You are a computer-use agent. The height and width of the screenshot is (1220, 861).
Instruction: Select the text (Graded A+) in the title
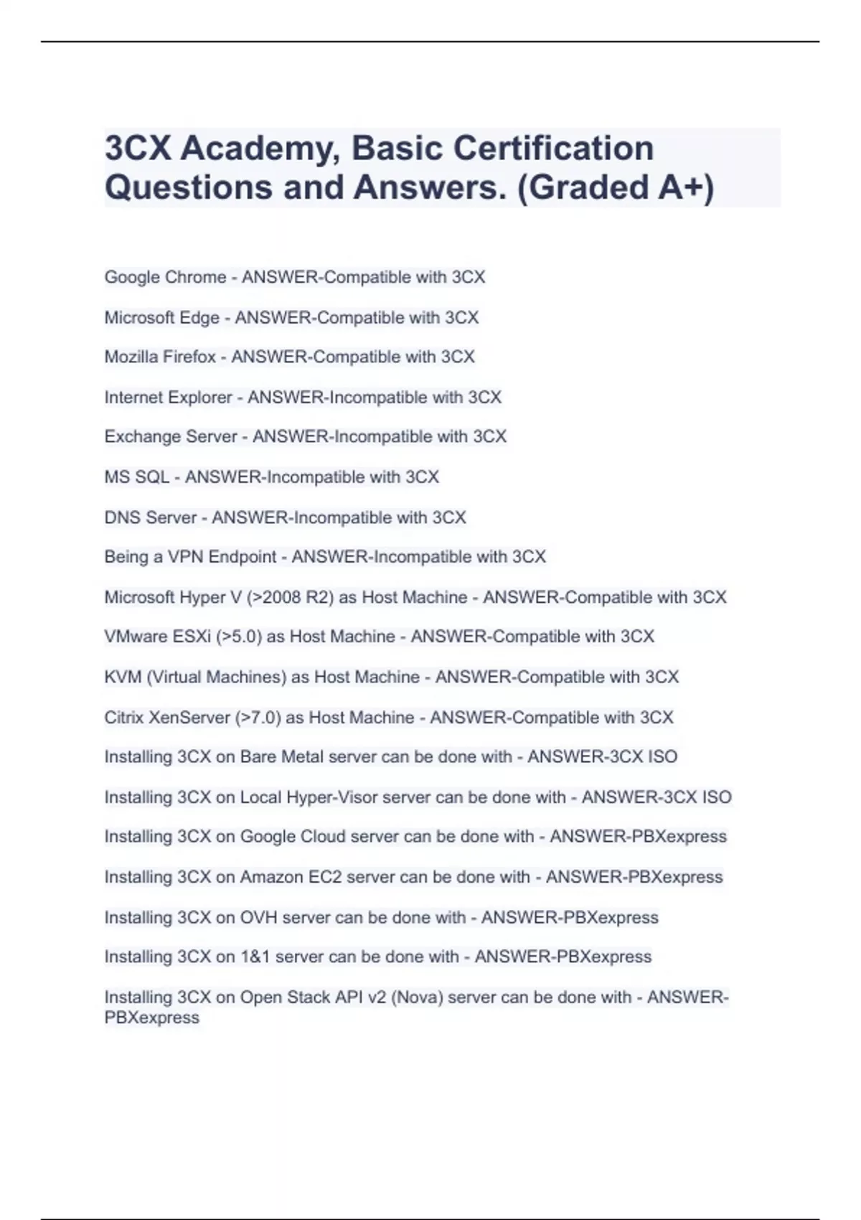(615, 188)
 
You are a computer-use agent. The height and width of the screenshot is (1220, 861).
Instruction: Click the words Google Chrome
(165, 278)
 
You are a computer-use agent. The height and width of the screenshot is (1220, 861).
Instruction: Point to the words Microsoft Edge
(161, 318)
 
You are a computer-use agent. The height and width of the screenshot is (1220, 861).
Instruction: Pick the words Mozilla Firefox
(160, 357)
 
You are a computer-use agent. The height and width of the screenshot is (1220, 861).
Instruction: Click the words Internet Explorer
(168, 398)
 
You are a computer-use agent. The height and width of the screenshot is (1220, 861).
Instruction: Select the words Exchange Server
(171, 437)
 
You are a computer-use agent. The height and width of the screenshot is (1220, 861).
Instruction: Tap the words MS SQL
(136, 477)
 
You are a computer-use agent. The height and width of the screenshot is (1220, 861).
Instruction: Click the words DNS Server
(150, 517)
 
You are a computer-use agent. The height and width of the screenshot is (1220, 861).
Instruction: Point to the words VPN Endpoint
(222, 557)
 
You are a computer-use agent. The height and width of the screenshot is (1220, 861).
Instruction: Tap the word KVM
(123, 677)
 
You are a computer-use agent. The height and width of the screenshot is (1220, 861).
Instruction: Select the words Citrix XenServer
(166, 718)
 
